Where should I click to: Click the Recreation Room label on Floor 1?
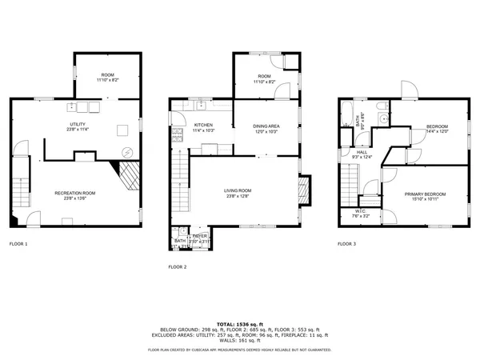click(x=75, y=193)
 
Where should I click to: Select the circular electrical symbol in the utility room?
click(x=125, y=152)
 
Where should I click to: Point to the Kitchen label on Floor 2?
click(x=203, y=126)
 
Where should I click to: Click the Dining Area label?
click(x=266, y=126)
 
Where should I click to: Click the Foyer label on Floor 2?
click(x=198, y=236)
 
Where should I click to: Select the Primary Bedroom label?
click(x=425, y=194)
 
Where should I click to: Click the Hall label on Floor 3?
click(x=362, y=152)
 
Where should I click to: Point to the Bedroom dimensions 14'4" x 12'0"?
click(x=436, y=132)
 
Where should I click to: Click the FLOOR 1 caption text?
click(x=18, y=243)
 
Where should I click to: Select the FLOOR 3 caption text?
click(x=346, y=243)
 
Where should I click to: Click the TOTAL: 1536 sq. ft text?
click(x=239, y=323)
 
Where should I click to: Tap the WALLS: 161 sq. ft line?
click(x=239, y=341)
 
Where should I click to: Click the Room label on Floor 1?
click(x=107, y=74)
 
